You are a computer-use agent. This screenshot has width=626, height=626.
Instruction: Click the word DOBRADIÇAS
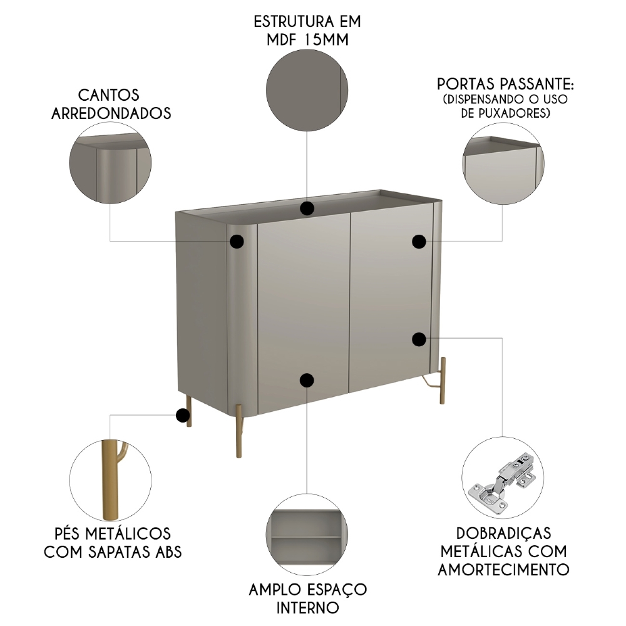point(503,533)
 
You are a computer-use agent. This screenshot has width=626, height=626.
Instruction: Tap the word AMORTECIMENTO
point(503,570)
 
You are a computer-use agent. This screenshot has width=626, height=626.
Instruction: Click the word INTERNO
point(307,607)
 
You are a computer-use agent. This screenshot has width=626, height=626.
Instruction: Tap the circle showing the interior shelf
point(307,533)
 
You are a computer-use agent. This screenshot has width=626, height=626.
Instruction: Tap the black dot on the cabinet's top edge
point(307,208)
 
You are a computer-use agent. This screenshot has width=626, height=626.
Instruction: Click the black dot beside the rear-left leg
point(183,415)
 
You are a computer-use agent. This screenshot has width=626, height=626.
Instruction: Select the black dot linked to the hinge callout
point(419,339)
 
